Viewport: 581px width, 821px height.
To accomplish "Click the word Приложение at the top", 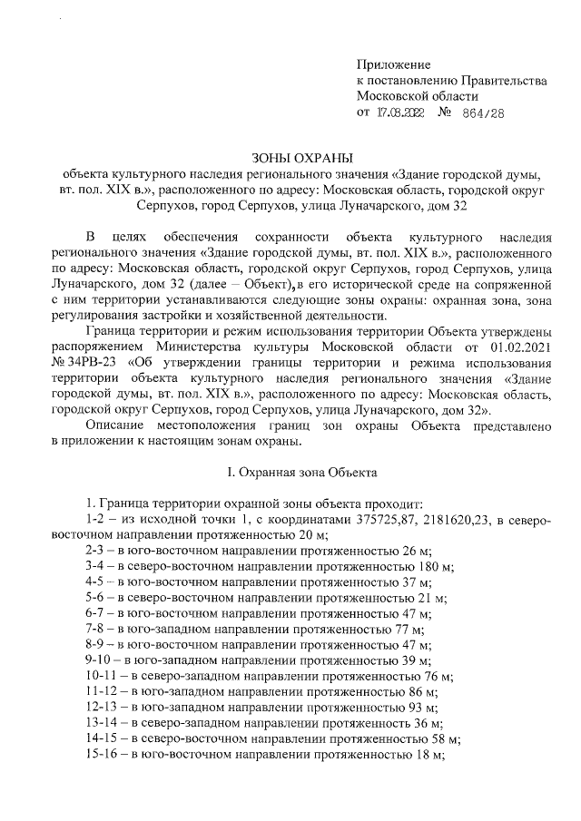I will tap(395, 65).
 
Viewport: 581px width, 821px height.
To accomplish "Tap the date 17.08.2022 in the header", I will tap(401, 113).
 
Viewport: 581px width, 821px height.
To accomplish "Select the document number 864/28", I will tap(482, 113).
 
